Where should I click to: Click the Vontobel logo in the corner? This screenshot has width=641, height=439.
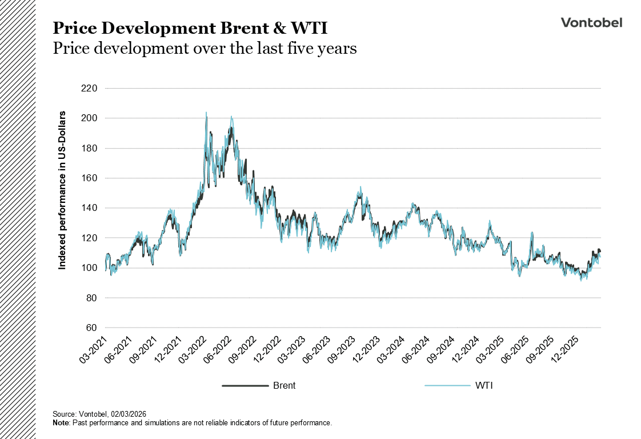[591, 22]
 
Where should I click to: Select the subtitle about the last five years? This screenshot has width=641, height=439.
[205, 49]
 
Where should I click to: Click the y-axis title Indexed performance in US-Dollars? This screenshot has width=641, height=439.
[63, 190]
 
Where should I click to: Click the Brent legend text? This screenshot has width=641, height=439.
[284, 386]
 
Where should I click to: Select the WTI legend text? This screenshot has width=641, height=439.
[484, 386]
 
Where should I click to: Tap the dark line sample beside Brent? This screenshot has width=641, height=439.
[245, 386]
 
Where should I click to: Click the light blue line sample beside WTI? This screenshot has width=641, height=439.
[447, 386]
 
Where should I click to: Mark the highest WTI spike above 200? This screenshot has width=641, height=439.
[206, 113]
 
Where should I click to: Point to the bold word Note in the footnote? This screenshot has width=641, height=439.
[60, 422]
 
